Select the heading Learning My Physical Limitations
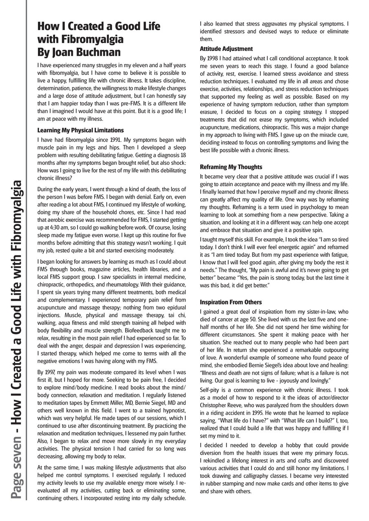pyautogui.click(x=80, y=130)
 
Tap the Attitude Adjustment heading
pyautogui.click(x=226, y=49)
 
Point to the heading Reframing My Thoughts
pyautogui.click(x=231, y=167)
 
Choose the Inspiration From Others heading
pyautogui.click(x=230, y=302)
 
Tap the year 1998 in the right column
pyautogui.click(x=213, y=59)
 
